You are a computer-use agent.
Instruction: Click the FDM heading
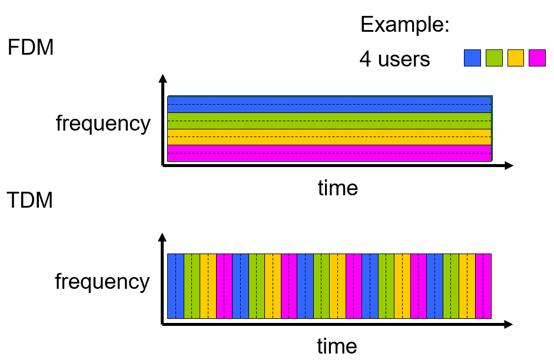click(31, 47)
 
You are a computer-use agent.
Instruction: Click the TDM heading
click(30, 200)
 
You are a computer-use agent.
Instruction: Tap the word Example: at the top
click(404, 25)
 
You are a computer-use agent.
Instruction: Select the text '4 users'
click(394, 59)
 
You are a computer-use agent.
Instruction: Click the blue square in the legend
click(472, 58)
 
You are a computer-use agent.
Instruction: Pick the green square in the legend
click(494, 58)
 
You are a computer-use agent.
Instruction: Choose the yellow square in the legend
click(516, 58)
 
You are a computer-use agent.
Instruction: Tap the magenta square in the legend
click(537, 58)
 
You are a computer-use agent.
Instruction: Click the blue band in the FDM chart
click(329, 104)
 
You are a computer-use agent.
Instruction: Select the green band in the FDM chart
click(329, 121)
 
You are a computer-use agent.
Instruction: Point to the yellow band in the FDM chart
click(329, 136)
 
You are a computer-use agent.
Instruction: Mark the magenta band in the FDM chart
click(329, 153)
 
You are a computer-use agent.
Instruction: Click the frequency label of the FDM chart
click(103, 124)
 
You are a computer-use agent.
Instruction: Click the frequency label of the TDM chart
click(102, 282)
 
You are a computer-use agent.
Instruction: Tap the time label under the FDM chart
click(337, 188)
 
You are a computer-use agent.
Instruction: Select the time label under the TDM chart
click(337, 345)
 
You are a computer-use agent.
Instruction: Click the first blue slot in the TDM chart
click(175, 286)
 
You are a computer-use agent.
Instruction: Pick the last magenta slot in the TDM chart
click(483, 286)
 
